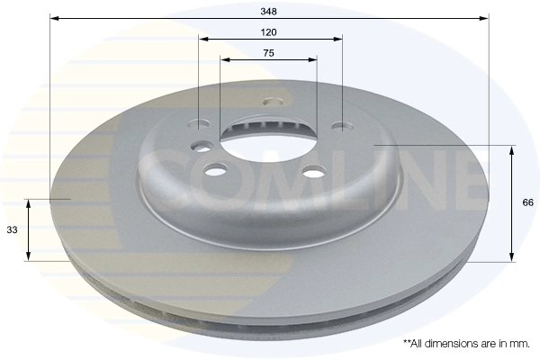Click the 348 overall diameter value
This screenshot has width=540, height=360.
(268, 12)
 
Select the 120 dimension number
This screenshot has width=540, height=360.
(268, 32)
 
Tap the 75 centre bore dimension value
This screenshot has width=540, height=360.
(268, 53)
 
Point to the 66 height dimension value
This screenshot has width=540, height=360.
(527, 202)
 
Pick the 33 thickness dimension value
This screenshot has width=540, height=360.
(12, 229)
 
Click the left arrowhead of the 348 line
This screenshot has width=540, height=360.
(54, 18)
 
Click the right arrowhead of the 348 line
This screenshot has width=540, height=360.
(484, 18)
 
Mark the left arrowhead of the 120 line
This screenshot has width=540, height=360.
(204, 39)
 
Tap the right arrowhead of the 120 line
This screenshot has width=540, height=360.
(337, 39)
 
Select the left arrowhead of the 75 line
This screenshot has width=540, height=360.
(225, 59)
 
